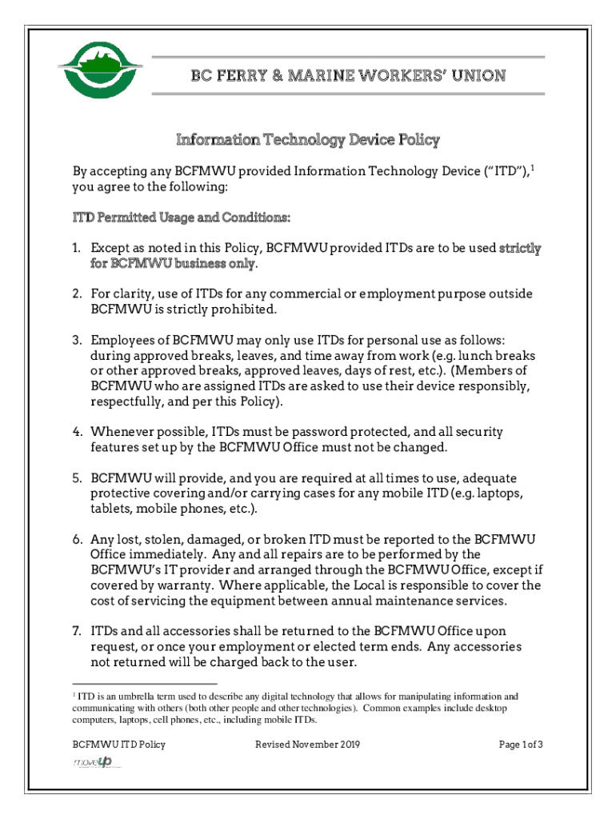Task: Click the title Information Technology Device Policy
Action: coord(308,140)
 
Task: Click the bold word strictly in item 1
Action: coord(520,249)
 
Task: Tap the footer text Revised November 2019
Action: coord(308,745)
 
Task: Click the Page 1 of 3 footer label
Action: coord(521,745)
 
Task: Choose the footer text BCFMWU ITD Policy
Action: coord(119,745)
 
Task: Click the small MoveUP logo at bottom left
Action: coord(94,763)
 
